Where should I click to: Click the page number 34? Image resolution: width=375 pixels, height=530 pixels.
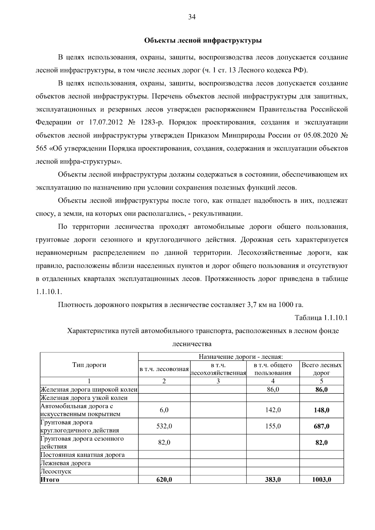pos(192,17)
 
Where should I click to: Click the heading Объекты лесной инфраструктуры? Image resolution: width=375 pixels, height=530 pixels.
pos(203,41)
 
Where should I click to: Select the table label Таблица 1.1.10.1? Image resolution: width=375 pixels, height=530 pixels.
pos(321,318)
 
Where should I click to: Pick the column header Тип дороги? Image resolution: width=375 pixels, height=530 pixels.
pos(89,365)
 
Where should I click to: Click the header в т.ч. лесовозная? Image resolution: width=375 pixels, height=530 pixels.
pos(164,369)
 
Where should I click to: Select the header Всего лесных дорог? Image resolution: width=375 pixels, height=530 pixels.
pos(321,369)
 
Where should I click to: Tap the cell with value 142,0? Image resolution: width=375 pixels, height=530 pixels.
pos(273,410)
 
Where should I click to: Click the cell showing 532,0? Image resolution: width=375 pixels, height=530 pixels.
pos(164,426)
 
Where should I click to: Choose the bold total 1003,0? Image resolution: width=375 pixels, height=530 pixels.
pos(321,480)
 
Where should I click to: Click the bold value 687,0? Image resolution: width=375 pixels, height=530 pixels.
pos(321,426)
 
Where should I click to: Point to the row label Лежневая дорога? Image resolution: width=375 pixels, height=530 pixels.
pos(66,463)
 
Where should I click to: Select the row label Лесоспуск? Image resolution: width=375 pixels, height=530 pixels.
pos(56,471)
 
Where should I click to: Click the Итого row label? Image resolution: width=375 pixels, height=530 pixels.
pos(50,480)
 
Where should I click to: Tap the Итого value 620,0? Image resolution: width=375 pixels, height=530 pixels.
pos(164,480)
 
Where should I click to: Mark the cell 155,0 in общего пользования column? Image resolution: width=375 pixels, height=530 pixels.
pos(273,426)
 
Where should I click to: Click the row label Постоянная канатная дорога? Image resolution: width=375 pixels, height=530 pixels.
pos(83,455)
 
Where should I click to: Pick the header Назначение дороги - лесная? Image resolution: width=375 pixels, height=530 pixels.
pos(241,356)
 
